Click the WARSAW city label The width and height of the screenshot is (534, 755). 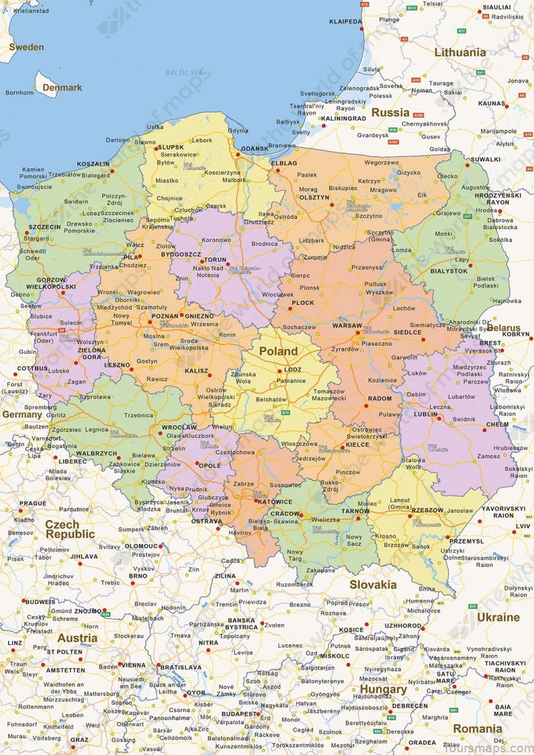[346, 326]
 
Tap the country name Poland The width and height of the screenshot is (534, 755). [278, 351]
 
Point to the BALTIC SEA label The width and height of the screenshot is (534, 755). [184, 72]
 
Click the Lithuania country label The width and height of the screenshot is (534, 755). [460, 52]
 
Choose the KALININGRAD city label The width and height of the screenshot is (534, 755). [342, 118]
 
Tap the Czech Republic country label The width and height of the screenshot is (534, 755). [70, 529]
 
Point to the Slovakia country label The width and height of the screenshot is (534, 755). [372, 585]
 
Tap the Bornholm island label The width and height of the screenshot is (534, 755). [19, 93]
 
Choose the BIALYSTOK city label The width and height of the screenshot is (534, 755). [448, 271]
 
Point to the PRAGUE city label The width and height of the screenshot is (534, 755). [33, 503]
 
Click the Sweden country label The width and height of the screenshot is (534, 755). [26, 47]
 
